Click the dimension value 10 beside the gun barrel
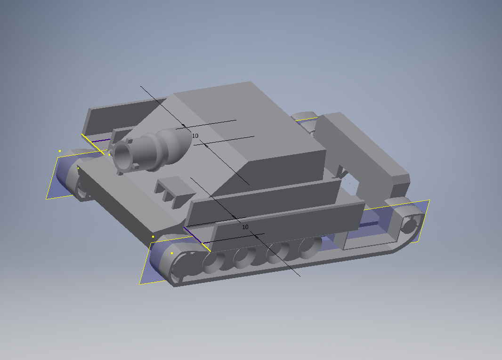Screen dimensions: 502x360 (x=195, y=136)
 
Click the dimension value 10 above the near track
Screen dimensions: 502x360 (x=245, y=227)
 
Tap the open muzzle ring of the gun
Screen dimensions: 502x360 (x=123, y=155)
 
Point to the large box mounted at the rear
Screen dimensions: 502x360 (x=362, y=153)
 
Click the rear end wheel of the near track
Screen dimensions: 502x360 (x=410, y=224)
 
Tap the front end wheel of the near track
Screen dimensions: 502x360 (x=183, y=265)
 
